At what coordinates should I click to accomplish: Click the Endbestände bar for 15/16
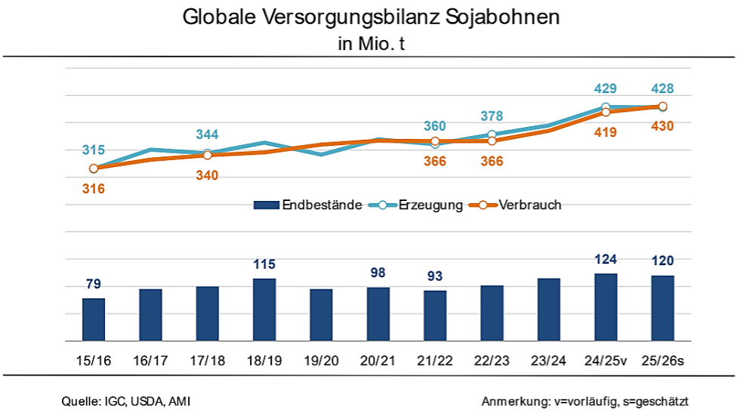[94, 320]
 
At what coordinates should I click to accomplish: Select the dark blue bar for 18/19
[264, 310]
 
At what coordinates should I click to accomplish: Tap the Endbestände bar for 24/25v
[606, 307]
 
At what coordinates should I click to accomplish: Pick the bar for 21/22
[435, 316]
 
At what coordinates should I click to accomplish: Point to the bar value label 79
[94, 284]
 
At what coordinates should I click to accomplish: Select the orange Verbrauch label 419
[606, 133]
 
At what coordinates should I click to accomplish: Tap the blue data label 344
[208, 135]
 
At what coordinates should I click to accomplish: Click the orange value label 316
[94, 189]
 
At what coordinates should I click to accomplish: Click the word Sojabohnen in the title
[501, 17]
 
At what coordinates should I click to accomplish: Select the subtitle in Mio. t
[371, 43]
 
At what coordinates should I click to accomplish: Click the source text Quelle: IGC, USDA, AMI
[126, 400]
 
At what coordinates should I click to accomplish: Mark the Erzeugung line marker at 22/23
[492, 134]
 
